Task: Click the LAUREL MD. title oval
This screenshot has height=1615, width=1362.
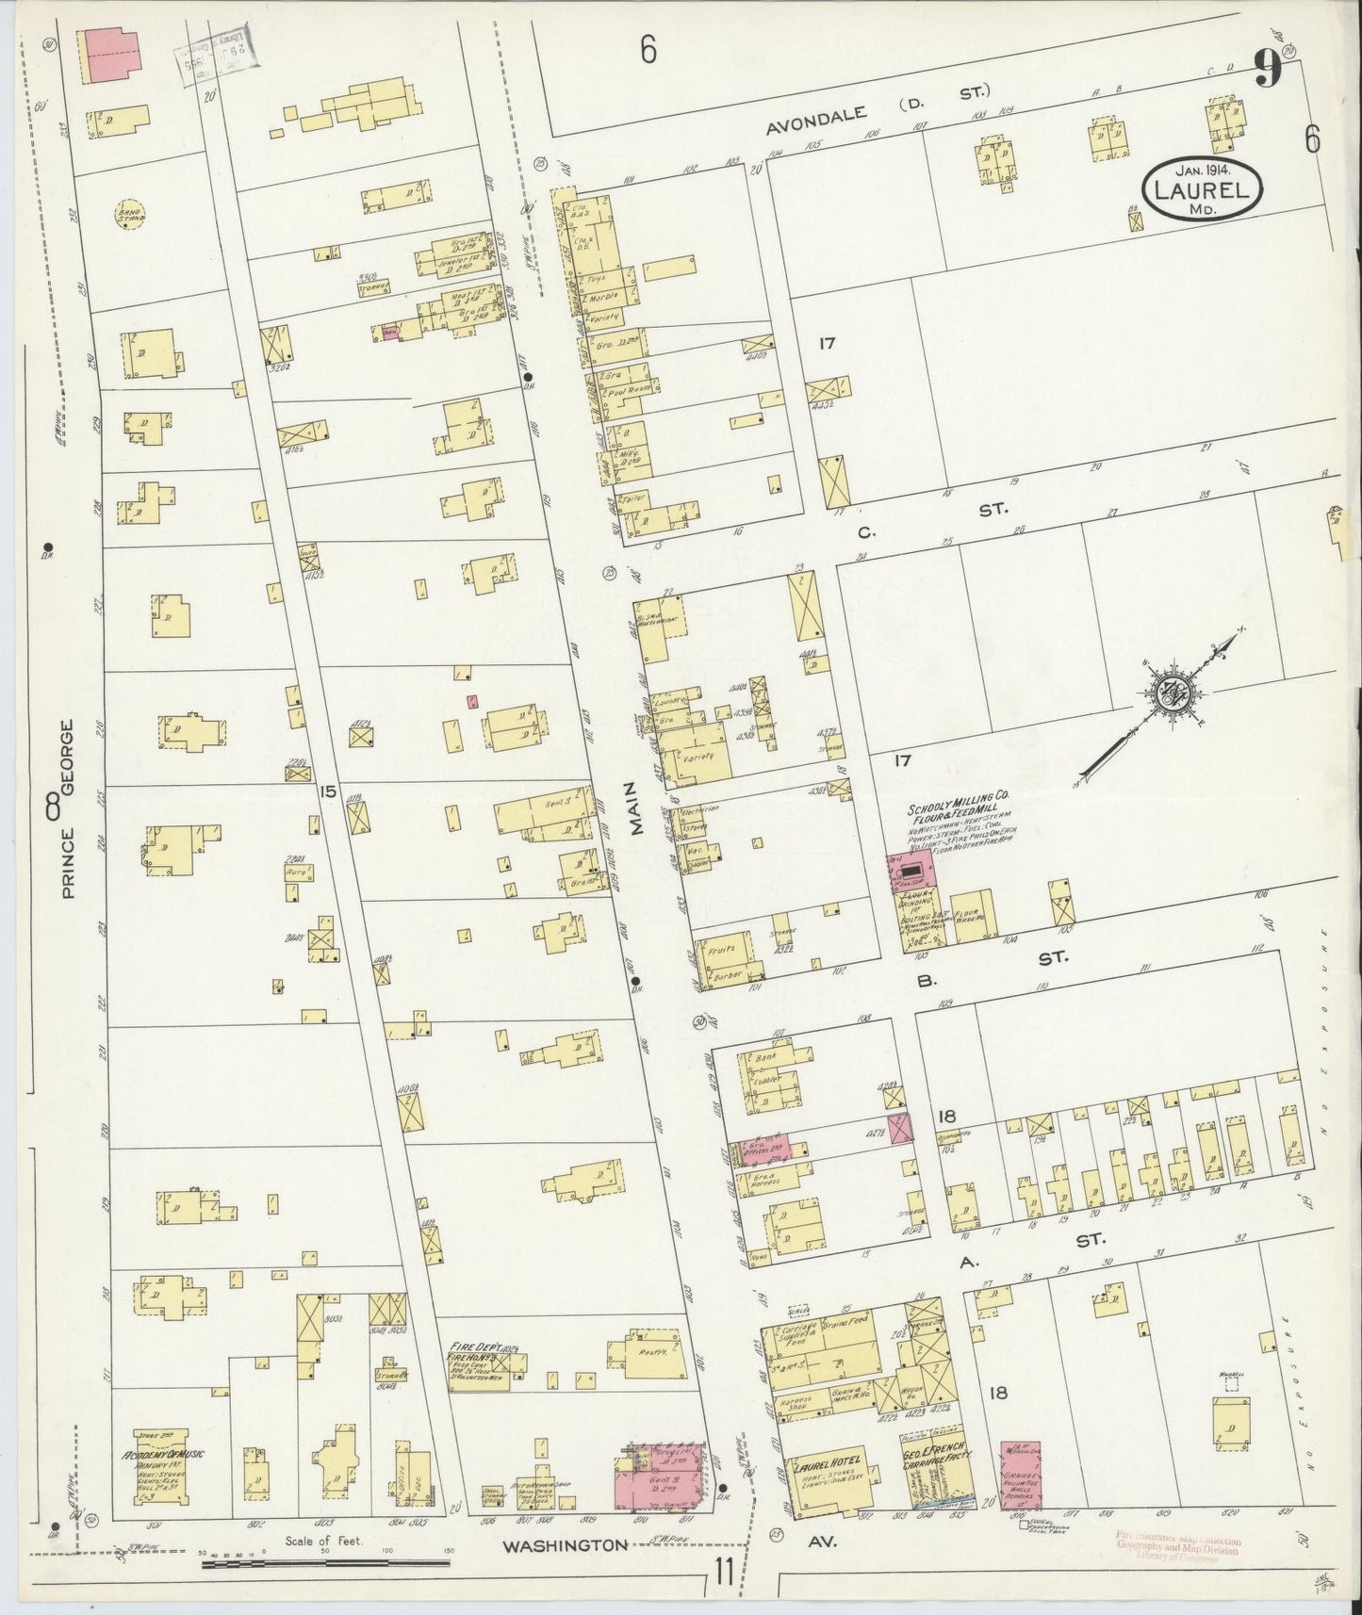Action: point(1203,190)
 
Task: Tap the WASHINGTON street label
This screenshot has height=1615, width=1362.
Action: point(565,1544)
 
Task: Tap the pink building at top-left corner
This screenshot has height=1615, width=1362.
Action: point(111,54)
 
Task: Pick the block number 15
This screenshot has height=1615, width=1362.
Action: point(327,791)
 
